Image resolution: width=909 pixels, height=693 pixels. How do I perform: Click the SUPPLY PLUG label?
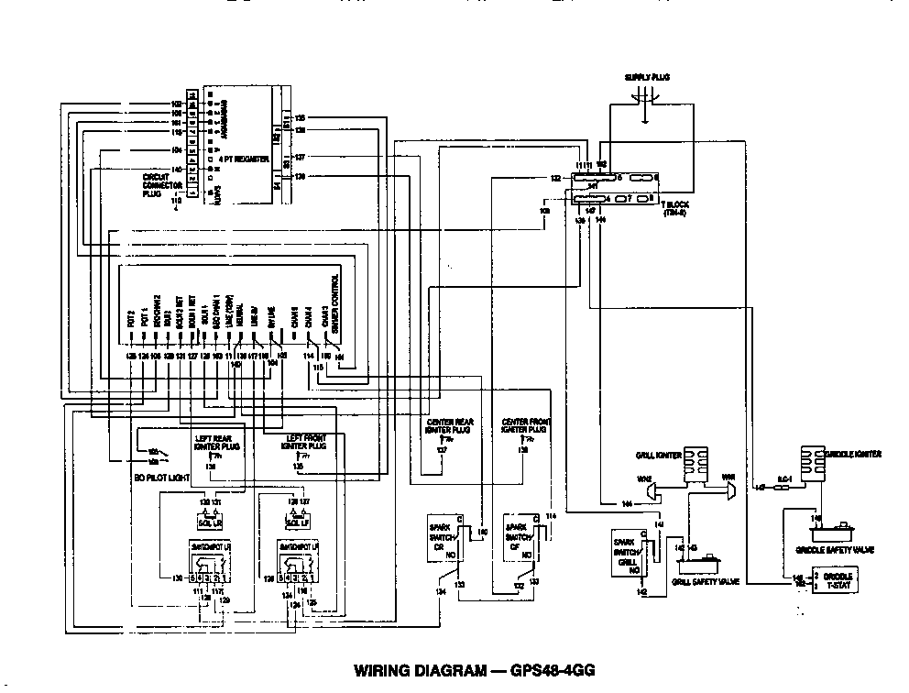point(647,77)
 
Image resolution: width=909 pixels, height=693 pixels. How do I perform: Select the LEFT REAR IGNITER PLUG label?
point(217,443)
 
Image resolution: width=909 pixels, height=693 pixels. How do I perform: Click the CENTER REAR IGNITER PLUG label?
point(448,424)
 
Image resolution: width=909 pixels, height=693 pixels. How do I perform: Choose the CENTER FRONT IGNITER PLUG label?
point(525,424)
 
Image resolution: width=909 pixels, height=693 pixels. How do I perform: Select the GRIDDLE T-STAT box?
point(838,580)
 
